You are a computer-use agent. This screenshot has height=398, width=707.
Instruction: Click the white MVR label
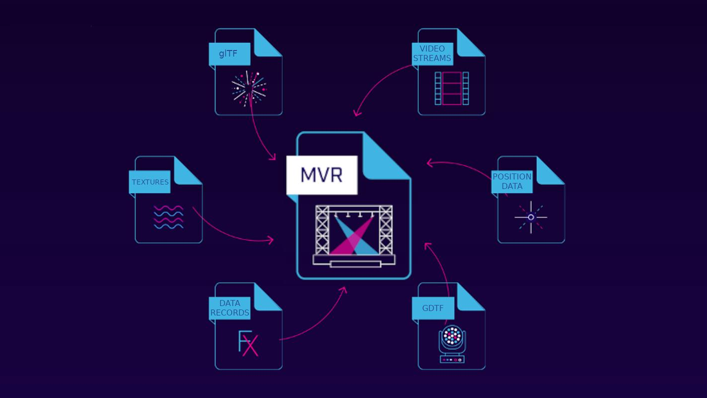[x=322, y=175]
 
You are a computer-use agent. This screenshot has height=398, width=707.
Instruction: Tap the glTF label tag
[x=229, y=54]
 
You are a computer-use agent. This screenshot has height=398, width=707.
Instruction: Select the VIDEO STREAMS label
[x=432, y=54]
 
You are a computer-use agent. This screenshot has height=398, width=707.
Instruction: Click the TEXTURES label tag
[x=150, y=182]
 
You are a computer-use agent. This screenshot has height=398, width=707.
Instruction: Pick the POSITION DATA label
[x=512, y=181]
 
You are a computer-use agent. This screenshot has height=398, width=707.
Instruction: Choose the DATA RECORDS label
[x=230, y=308]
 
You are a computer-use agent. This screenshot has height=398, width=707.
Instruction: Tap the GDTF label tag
[x=433, y=308]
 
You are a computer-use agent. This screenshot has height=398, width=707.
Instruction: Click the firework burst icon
[x=249, y=88]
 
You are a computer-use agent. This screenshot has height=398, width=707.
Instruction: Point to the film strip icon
[x=452, y=88]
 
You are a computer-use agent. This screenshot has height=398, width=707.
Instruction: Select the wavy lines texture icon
[x=168, y=217]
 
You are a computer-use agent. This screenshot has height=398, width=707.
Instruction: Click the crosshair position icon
[x=531, y=217]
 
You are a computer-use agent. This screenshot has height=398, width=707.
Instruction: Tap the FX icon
[x=248, y=343]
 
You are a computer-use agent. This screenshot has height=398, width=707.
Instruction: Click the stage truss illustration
[x=353, y=235]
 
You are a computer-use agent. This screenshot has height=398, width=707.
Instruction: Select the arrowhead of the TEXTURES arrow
[x=271, y=240]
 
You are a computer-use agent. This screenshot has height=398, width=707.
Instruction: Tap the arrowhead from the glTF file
[x=273, y=157]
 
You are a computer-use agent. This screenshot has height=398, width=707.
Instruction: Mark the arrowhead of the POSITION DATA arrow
[x=429, y=162]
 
